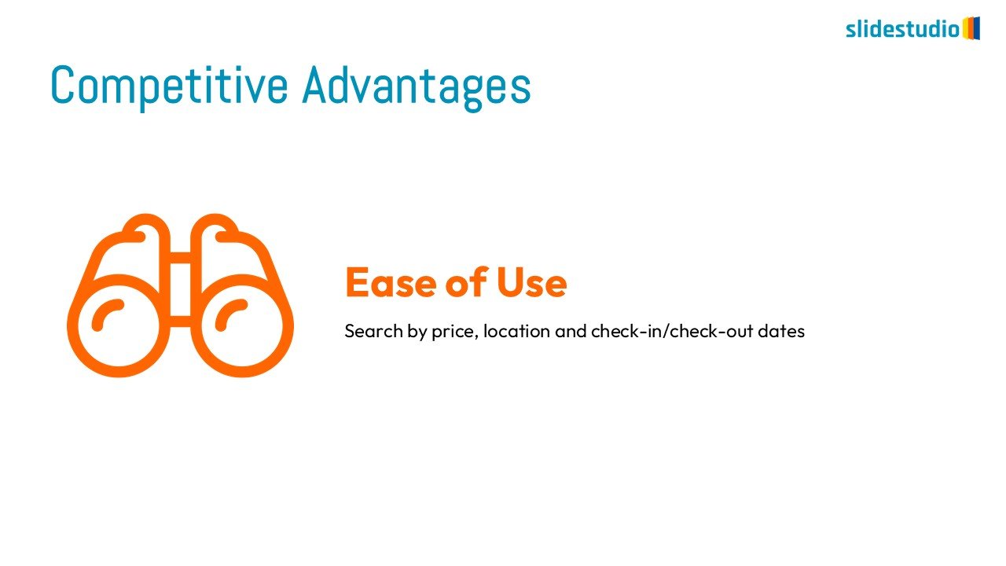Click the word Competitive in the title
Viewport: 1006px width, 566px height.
pyautogui.click(x=169, y=86)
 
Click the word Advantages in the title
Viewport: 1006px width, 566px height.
pyautogui.click(x=417, y=86)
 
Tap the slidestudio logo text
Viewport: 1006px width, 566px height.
pyautogui.click(x=903, y=29)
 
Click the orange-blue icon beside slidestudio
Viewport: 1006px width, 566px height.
pyautogui.click(x=971, y=28)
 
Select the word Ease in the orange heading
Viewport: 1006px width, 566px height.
pyautogui.click(x=391, y=282)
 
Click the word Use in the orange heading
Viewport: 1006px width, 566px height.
pyautogui.click(x=532, y=282)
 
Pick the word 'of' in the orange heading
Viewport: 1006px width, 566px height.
pyautogui.click(x=467, y=281)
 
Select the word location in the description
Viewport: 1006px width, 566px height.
pyautogui.click(x=516, y=331)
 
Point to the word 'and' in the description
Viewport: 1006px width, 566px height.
pyautogui.click(x=571, y=331)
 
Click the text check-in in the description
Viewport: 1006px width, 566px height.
pyautogui.click(x=626, y=331)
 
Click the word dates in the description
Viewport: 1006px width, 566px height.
pyautogui.click(x=781, y=331)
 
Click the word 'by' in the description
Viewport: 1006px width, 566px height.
pyautogui.click(x=417, y=333)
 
